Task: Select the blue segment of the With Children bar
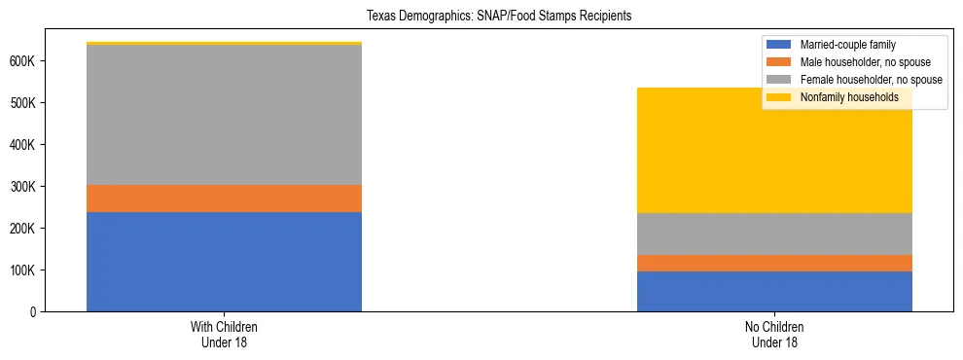pyautogui.click(x=224, y=262)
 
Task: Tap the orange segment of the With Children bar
pyautogui.click(x=224, y=198)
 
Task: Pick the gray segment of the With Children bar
pyautogui.click(x=224, y=115)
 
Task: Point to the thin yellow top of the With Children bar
pyautogui.click(x=224, y=43)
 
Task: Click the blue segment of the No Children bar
pyautogui.click(x=774, y=291)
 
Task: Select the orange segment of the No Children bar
pyautogui.click(x=774, y=263)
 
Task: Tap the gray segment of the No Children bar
pyautogui.click(x=774, y=234)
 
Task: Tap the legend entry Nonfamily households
pyautogui.click(x=843, y=97)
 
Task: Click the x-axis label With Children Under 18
pyautogui.click(x=224, y=335)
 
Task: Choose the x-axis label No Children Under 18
pyautogui.click(x=774, y=335)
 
